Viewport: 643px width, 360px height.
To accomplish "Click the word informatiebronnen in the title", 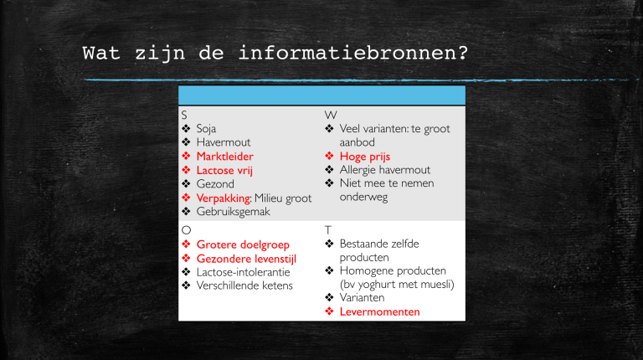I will [352, 54].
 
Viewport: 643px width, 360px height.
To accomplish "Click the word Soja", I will [206, 129].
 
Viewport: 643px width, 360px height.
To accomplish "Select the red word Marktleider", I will [224, 157].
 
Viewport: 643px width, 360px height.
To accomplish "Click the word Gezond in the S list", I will [215, 183].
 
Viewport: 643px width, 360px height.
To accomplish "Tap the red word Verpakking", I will [224, 198].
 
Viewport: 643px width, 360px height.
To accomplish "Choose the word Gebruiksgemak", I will [234, 211].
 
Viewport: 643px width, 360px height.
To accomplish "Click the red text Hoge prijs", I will [365, 157].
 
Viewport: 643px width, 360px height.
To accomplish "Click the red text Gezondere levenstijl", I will [246, 259].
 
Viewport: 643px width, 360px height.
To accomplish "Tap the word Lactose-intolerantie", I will [244, 272].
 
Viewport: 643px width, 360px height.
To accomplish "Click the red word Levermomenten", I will [379, 311].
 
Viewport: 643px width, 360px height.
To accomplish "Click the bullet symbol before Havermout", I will [186, 143].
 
